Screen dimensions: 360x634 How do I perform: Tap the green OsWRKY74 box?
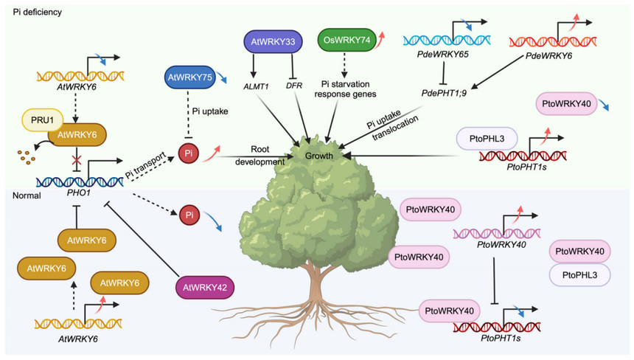click(344, 41)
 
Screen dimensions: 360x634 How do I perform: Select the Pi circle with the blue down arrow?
click(189, 215)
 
